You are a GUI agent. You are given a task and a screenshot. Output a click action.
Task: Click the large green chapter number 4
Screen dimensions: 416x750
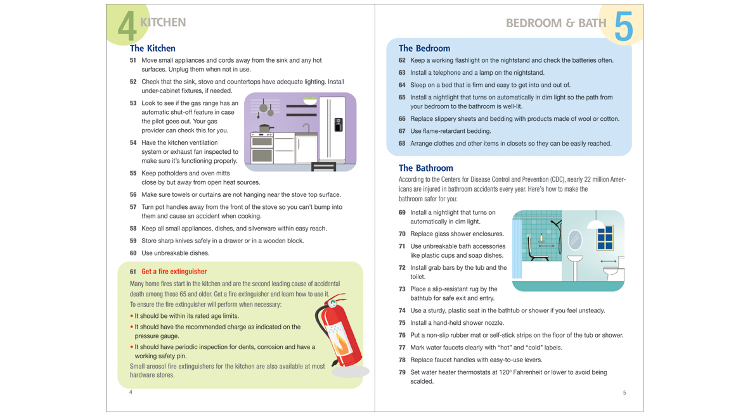[127, 27]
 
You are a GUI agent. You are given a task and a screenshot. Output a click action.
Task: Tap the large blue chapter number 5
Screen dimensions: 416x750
[623, 27]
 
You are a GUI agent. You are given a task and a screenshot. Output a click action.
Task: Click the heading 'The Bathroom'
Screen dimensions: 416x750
[425, 168]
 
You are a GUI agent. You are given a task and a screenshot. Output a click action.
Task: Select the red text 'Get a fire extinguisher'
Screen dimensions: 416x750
[174, 272]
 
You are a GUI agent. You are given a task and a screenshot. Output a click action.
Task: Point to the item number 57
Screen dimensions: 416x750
[133, 207]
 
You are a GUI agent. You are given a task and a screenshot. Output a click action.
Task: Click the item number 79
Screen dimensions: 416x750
[402, 372]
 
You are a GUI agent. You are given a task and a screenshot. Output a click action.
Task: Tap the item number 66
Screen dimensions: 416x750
[402, 119]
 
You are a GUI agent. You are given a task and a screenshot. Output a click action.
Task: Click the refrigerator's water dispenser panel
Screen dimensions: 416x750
[339, 125]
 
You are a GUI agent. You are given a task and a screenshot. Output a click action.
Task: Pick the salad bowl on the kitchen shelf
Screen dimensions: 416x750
[310, 100]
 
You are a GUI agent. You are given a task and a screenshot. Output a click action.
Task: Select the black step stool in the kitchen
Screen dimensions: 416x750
[323, 167]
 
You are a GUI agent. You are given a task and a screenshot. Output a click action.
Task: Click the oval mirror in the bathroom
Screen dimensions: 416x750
[574, 240]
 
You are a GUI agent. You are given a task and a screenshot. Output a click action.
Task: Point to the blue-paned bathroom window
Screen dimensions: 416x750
[605, 237]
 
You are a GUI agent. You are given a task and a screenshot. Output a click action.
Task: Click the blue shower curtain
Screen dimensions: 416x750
[517, 249]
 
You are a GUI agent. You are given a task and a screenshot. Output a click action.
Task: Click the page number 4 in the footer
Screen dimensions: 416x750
[131, 393]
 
